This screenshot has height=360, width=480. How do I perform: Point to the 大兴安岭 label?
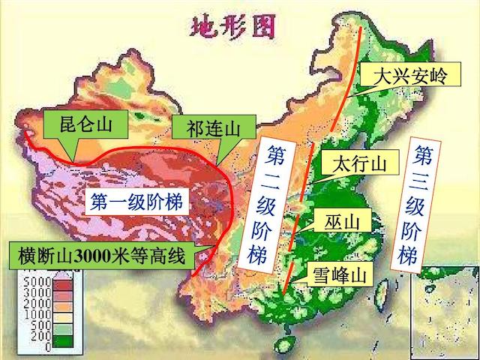(x=397, y=76)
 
